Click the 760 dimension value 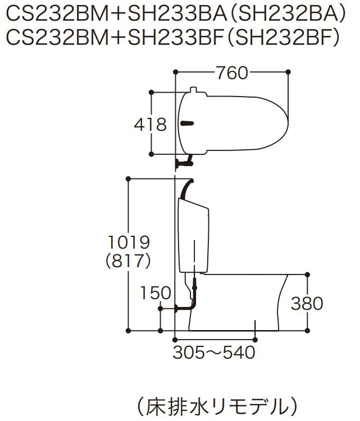point(232,73)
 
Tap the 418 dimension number point(151,125)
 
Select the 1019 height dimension point(129,242)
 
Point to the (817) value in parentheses point(128,261)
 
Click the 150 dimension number point(156,292)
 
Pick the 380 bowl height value point(307,304)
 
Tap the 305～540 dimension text point(214,353)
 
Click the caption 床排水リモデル point(217,406)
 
